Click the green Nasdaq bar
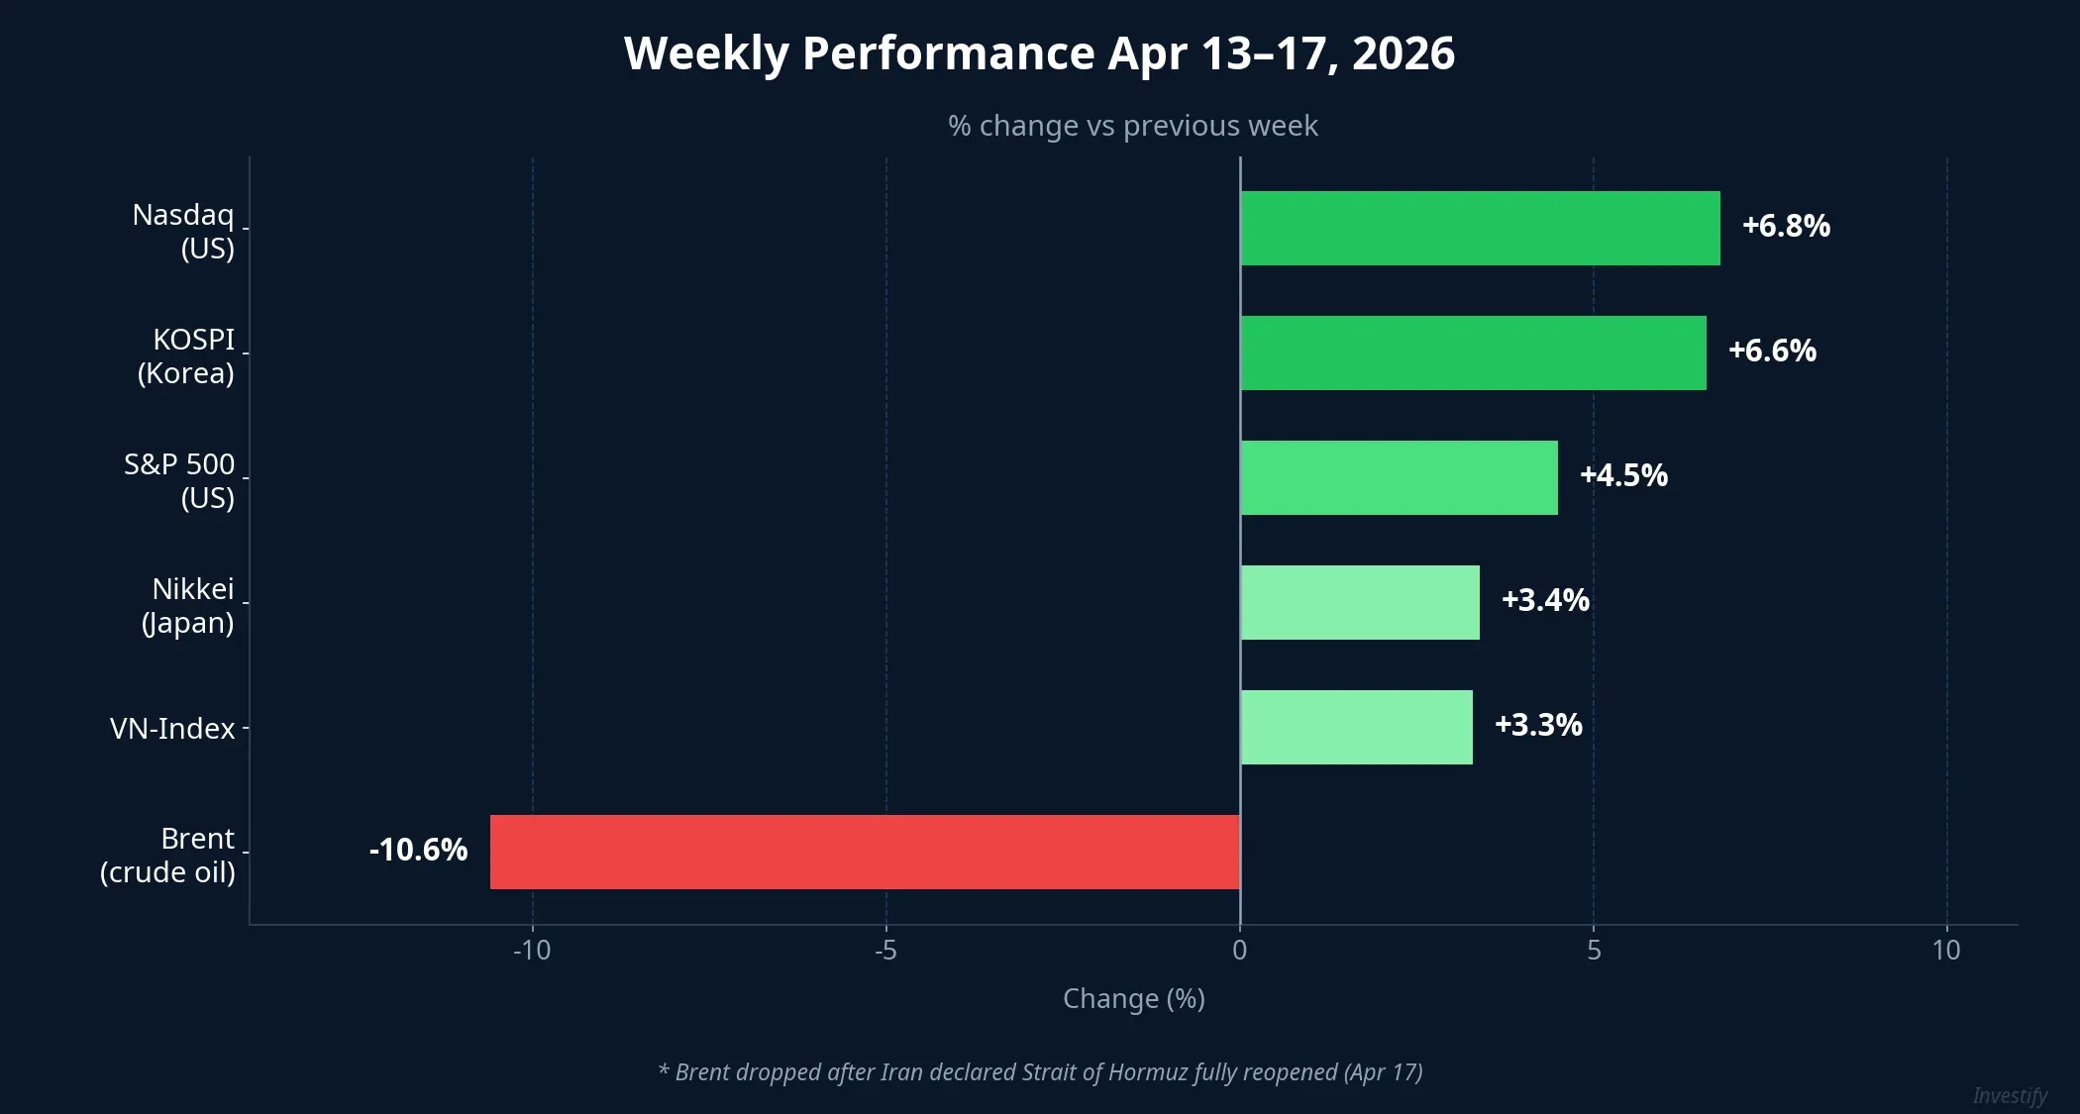click(x=1480, y=229)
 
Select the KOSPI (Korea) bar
click(x=1473, y=354)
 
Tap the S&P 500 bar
click(x=1399, y=478)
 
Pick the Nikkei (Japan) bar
click(x=1360, y=603)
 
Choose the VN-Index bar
click(x=1356, y=728)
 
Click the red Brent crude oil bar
click(x=865, y=853)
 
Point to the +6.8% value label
click(x=1786, y=227)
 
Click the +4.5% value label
click(x=1623, y=476)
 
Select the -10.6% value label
click(x=418, y=851)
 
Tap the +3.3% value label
click(x=1538, y=726)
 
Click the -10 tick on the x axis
click(x=532, y=952)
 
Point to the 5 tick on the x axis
click(x=1593, y=952)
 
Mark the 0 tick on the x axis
click(x=1239, y=952)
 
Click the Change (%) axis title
click(x=1133, y=999)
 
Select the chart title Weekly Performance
click(x=1039, y=53)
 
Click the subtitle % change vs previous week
click(x=1132, y=127)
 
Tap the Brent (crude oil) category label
click(x=168, y=856)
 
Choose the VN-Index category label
click(x=172, y=730)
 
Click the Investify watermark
click(x=2009, y=1096)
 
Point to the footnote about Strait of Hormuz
click(x=1040, y=1072)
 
